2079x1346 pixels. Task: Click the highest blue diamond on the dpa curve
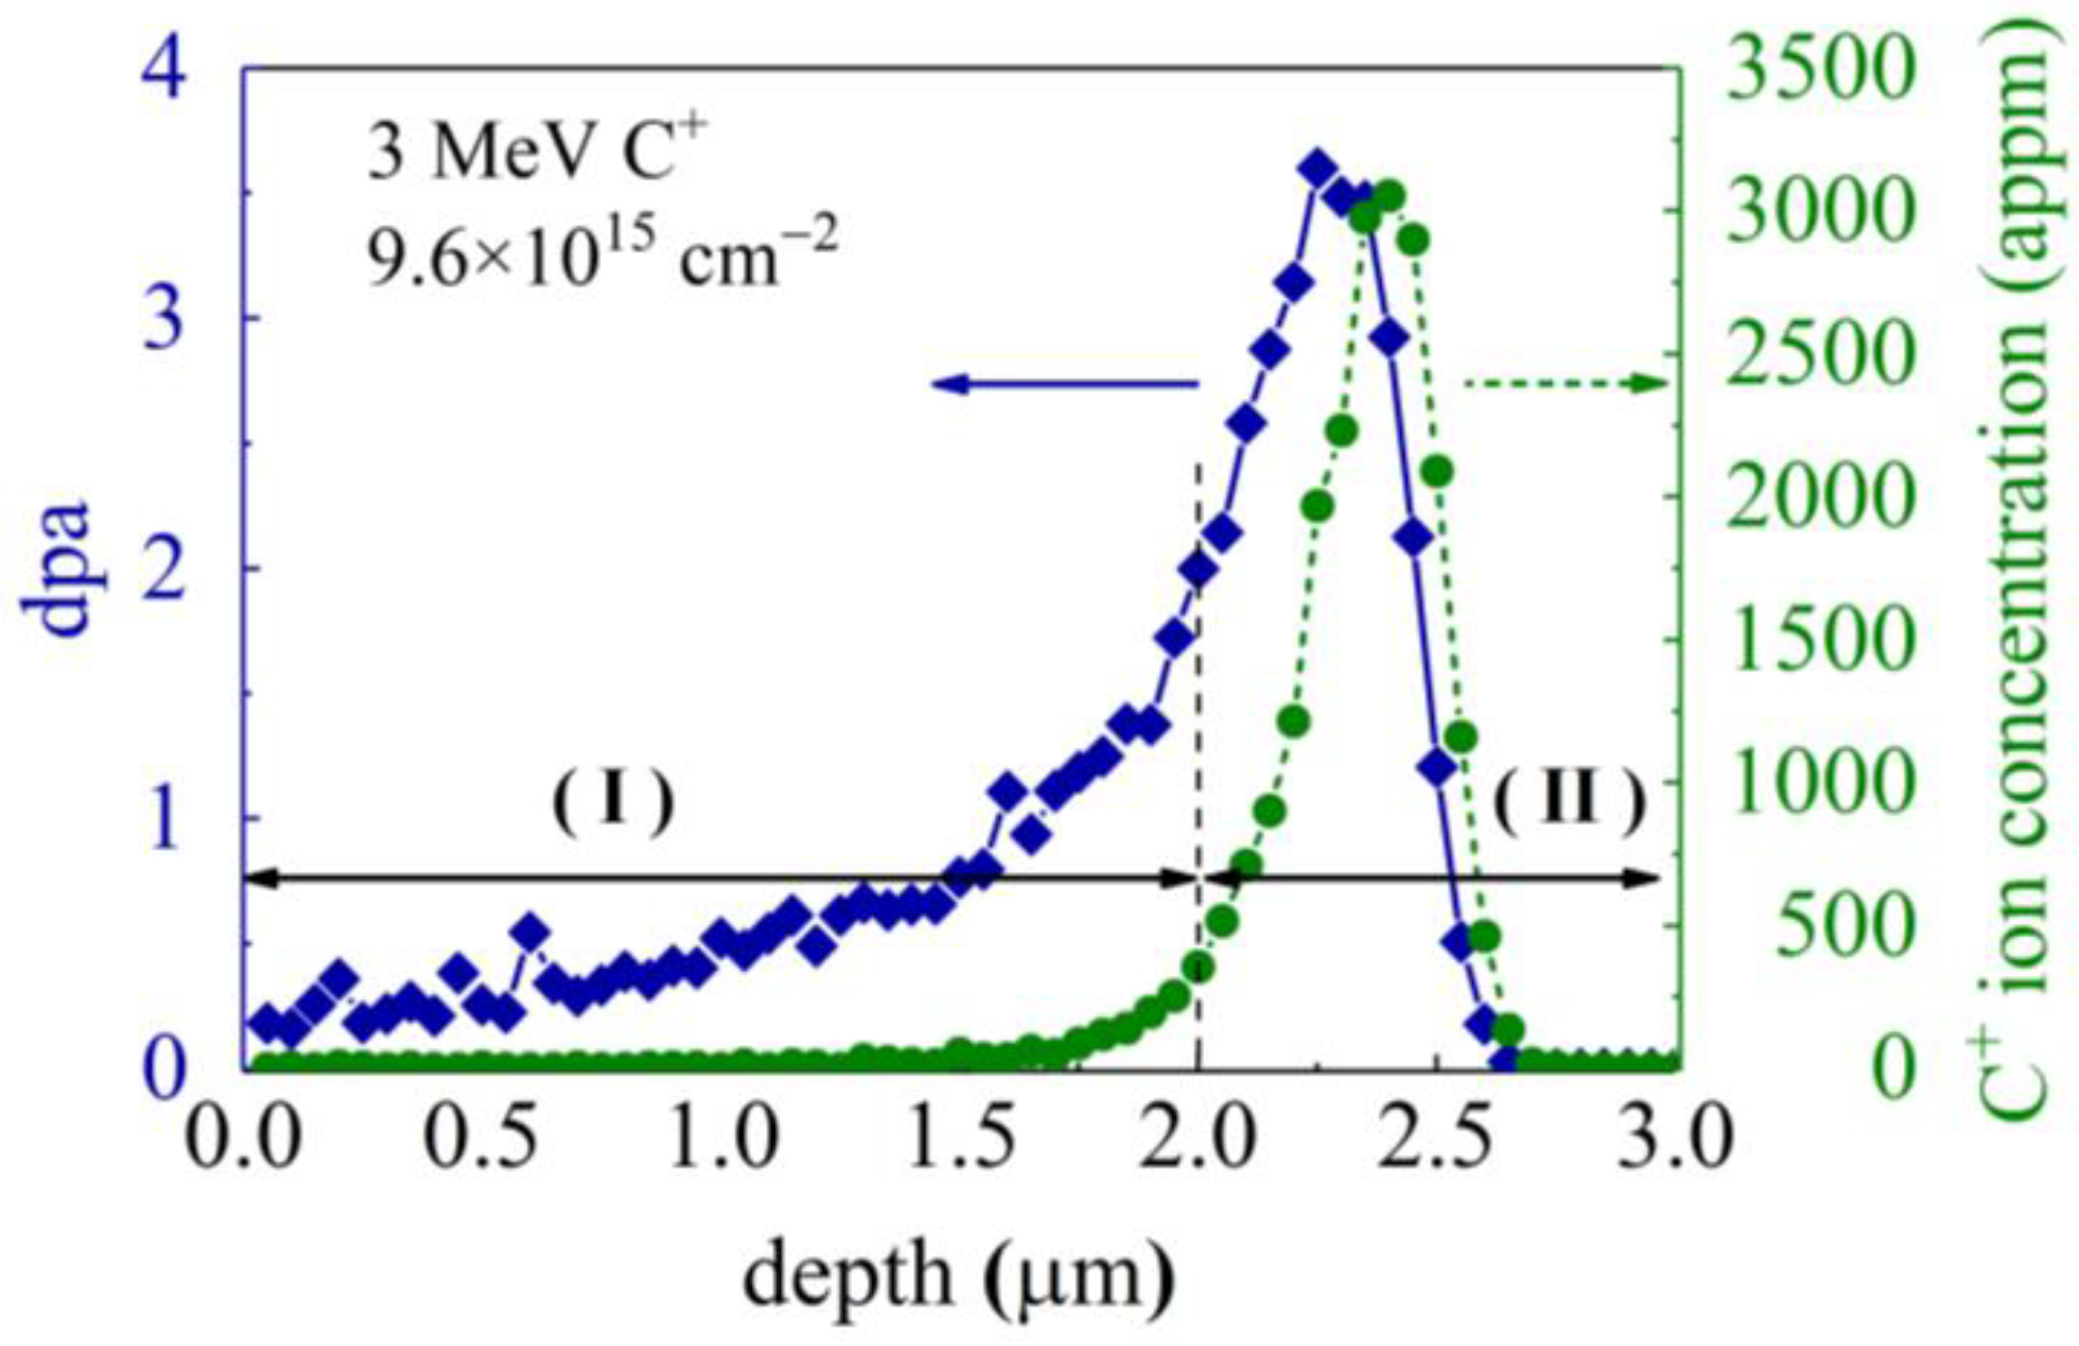click(1317, 170)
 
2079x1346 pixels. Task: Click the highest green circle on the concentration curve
click(1389, 197)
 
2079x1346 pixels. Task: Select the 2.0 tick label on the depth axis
click(1197, 1138)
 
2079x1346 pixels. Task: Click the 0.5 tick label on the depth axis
click(480, 1138)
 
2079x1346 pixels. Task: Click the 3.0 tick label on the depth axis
click(1674, 1138)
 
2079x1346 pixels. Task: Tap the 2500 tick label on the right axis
click(1818, 355)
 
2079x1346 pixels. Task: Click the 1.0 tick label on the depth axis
click(721, 1138)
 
